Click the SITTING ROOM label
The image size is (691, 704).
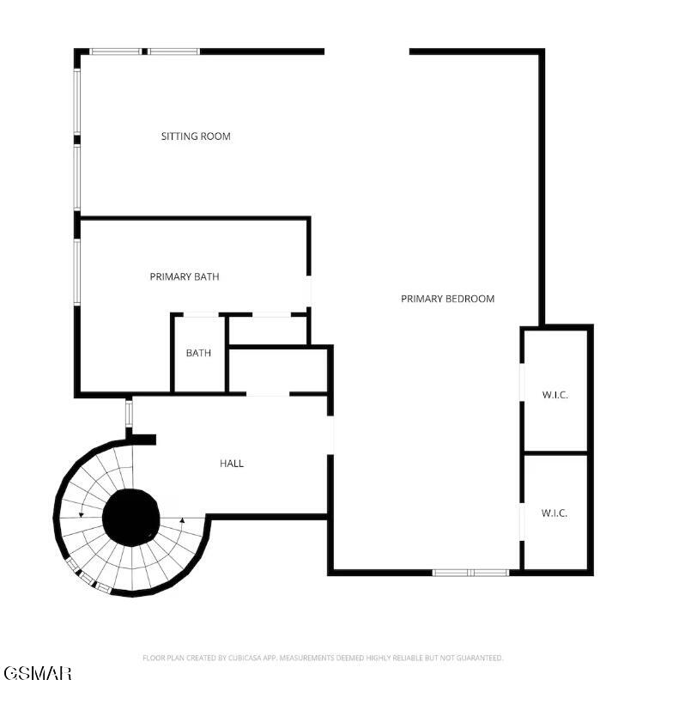(x=196, y=137)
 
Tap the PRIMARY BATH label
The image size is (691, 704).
(x=185, y=276)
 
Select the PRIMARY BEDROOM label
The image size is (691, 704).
(x=447, y=299)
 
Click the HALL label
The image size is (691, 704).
(x=232, y=464)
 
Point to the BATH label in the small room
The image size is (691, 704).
(x=198, y=353)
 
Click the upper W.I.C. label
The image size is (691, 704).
(x=555, y=395)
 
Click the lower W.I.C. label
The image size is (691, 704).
(x=555, y=513)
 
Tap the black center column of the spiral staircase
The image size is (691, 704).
(x=131, y=518)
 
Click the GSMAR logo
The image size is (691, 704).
(x=38, y=673)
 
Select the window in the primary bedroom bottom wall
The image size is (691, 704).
(x=470, y=573)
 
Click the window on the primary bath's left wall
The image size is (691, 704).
(x=77, y=272)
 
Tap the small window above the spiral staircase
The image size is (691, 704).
(x=129, y=413)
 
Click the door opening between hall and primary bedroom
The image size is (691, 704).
(x=330, y=435)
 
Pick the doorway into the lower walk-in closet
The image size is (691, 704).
(x=522, y=522)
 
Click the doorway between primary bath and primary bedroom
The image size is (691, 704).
(x=309, y=291)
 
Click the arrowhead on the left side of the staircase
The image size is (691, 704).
(x=82, y=514)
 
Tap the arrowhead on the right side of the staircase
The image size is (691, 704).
(x=182, y=520)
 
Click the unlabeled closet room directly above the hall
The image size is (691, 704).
(x=278, y=371)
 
